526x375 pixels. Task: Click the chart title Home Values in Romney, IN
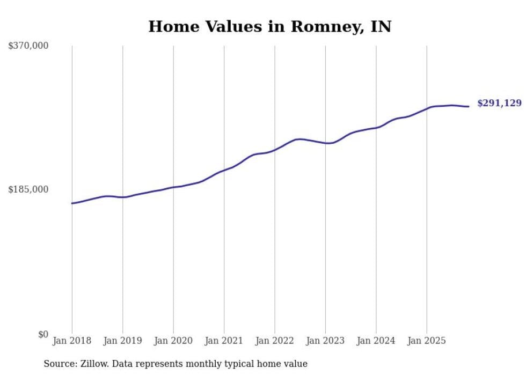pos(269,26)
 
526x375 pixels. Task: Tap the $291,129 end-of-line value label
pos(499,103)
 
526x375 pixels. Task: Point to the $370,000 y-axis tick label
pos(28,46)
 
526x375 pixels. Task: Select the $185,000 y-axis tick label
pos(28,189)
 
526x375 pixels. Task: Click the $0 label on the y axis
pos(43,334)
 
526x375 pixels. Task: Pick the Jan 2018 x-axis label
pos(72,341)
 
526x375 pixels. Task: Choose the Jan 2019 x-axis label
pos(123,341)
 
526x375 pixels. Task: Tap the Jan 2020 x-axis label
pos(173,341)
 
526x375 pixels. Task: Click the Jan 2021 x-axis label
pos(224,341)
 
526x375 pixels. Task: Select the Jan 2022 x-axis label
pos(275,341)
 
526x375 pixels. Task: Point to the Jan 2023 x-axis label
pos(325,341)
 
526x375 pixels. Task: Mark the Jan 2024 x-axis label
pos(376,341)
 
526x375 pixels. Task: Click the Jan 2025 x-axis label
pos(427,341)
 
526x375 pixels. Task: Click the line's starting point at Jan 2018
pos(72,203)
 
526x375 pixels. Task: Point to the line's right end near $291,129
pos(469,106)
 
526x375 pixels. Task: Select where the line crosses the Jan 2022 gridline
pos(275,150)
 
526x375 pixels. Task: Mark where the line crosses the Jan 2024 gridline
pos(376,128)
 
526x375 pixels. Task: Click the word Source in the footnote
pos(59,364)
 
